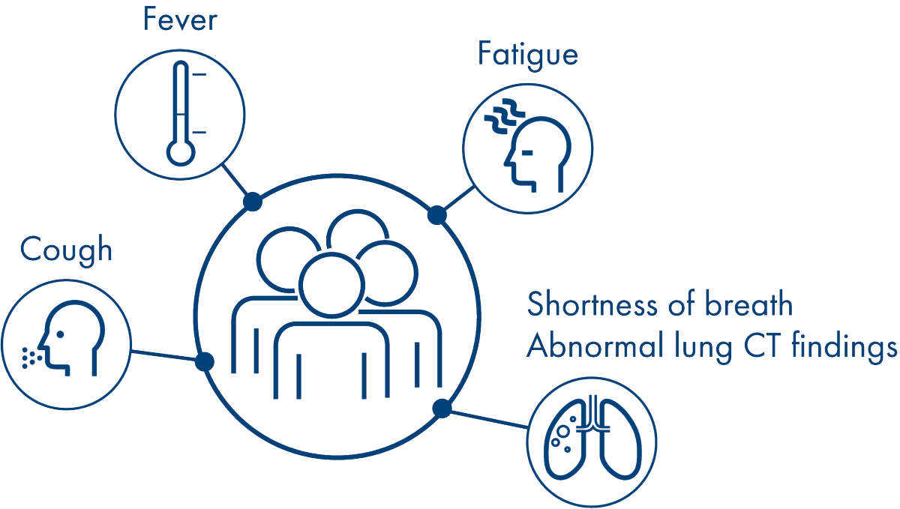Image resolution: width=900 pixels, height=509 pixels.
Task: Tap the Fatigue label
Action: point(527,55)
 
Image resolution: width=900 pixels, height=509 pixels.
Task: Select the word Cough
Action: point(66,250)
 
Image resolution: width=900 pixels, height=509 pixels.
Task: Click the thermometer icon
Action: point(180,113)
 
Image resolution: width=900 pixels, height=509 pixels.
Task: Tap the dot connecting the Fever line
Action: point(253,201)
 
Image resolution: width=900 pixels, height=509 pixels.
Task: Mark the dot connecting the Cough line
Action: point(204,362)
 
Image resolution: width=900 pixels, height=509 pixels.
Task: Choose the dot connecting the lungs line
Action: point(442,408)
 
